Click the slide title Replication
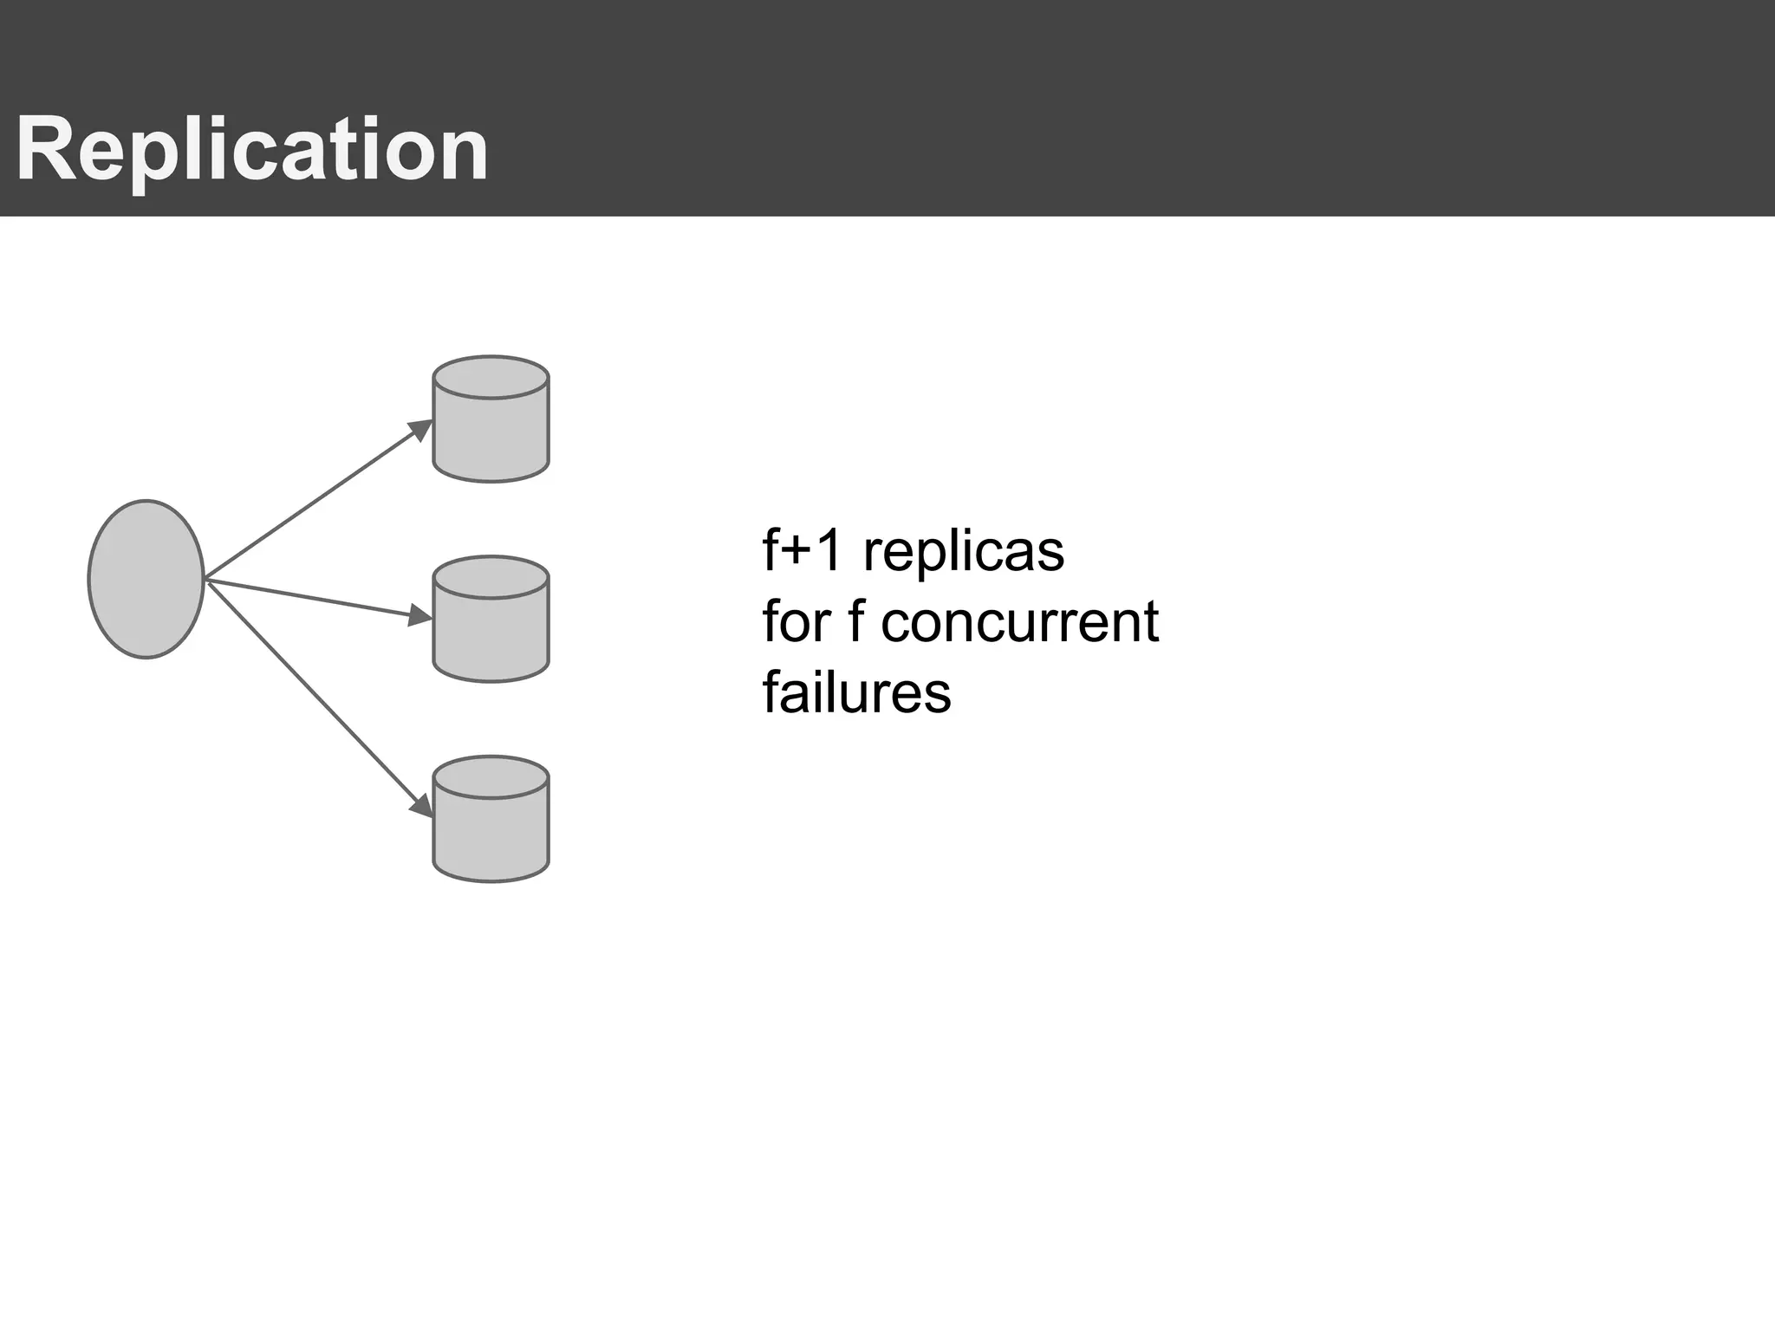coord(252,150)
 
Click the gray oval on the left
coord(146,579)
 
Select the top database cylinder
coord(491,433)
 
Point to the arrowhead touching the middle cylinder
coord(420,615)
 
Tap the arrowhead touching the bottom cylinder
coord(422,805)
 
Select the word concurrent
coord(1019,622)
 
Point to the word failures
coord(856,693)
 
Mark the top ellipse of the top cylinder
coord(491,377)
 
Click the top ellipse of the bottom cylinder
coord(491,777)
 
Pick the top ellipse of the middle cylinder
coord(491,577)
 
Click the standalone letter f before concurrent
coord(855,622)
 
